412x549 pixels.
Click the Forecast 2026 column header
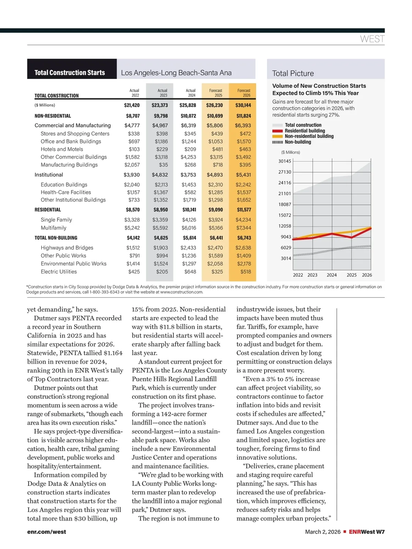click(244, 93)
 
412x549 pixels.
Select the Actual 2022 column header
click(134, 93)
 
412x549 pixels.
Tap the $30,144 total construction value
click(243, 105)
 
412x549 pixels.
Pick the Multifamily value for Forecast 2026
click(243, 228)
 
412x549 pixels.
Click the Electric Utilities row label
click(59, 272)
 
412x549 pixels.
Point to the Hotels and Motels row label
click(62, 149)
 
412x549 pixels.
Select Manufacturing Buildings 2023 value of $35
click(163, 165)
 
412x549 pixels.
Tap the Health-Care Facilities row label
click(66, 192)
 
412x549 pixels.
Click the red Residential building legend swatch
click(277, 131)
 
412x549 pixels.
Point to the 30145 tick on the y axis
click(285, 161)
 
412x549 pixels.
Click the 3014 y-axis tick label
click(286, 258)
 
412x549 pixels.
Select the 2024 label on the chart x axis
click(332, 275)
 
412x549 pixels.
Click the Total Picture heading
click(293, 73)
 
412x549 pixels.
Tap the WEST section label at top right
click(372, 39)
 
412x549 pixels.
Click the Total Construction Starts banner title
click(70, 73)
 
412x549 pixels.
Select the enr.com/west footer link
click(47, 532)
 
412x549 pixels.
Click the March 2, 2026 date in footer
click(323, 532)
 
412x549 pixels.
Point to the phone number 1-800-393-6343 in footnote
click(104, 292)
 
